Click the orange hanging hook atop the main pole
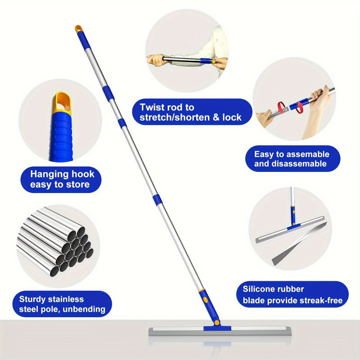78,29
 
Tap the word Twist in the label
152,107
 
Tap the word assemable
307,154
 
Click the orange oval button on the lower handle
206,299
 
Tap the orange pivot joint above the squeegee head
216,323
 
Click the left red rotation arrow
281,107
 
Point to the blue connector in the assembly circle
299,104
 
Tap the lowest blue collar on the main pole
157,199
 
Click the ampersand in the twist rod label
216,117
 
